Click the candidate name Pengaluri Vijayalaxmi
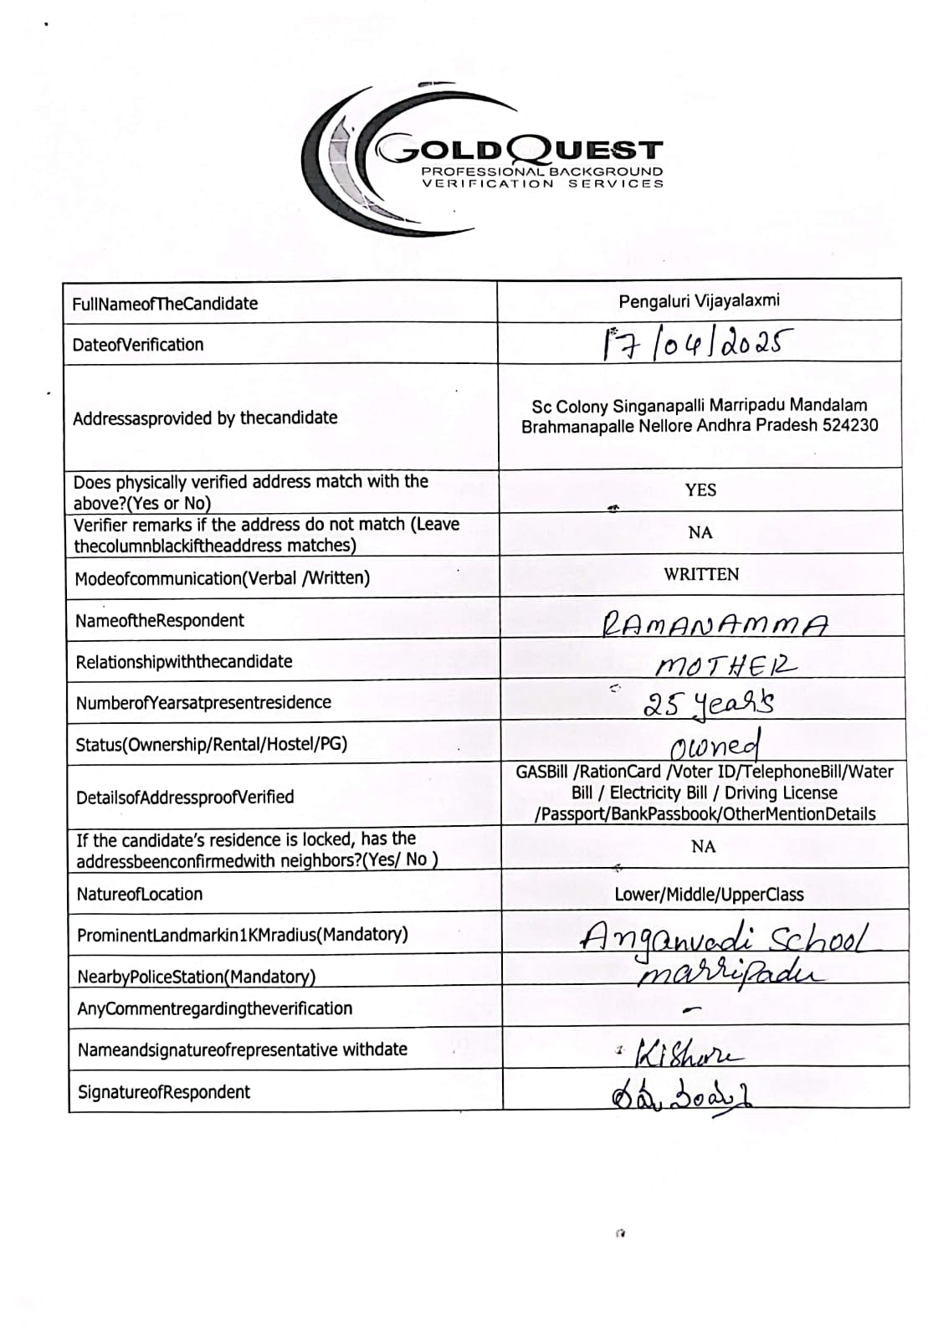[x=699, y=301]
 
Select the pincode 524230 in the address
[x=850, y=425]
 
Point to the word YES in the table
[x=700, y=490]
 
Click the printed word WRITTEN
[x=701, y=574]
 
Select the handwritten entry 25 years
[x=708, y=704]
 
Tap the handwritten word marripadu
[x=731, y=973]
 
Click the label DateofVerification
[x=138, y=345]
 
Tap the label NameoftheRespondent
[x=160, y=621]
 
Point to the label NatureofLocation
[x=140, y=894]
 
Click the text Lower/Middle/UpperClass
[x=709, y=895]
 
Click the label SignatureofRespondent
[x=164, y=1092]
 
